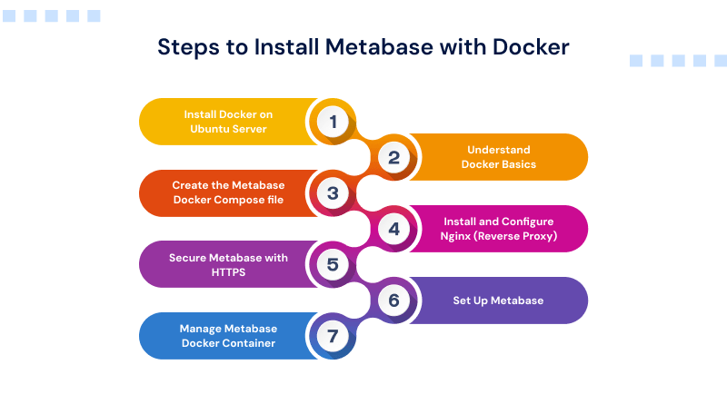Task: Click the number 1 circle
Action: [x=333, y=122]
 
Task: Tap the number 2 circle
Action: [x=393, y=157]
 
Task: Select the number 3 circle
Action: [x=333, y=193]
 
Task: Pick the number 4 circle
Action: [x=393, y=229]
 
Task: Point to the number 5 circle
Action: [x=333, y=265]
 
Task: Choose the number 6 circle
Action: [x=393, y=301]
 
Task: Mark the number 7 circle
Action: [x=333, y=336]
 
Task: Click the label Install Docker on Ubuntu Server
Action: [x=228, y=122]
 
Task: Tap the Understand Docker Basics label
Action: [x=498, y=157]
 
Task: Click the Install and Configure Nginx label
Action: [x=498, y=229]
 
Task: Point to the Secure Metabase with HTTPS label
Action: [x=228, y=265]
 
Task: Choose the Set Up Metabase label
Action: [x=498, y=301]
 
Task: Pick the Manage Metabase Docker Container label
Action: [x=228, y=336]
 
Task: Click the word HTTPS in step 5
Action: [x=228, y=272]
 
